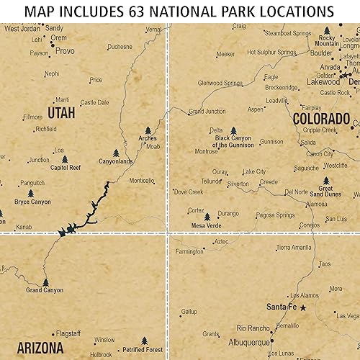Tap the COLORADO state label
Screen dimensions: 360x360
320,119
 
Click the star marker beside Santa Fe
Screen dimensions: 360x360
303,307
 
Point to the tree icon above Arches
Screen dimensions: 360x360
148,131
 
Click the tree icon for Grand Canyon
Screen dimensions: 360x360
46,282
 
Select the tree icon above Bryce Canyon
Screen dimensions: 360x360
31,194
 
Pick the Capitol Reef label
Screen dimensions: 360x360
66,168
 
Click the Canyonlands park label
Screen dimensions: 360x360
116,161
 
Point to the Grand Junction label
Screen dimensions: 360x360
207,112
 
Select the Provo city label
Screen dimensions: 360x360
65,51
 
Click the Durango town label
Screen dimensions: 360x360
228,213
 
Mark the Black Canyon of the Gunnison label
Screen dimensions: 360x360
233,141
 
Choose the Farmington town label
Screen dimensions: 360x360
189,252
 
